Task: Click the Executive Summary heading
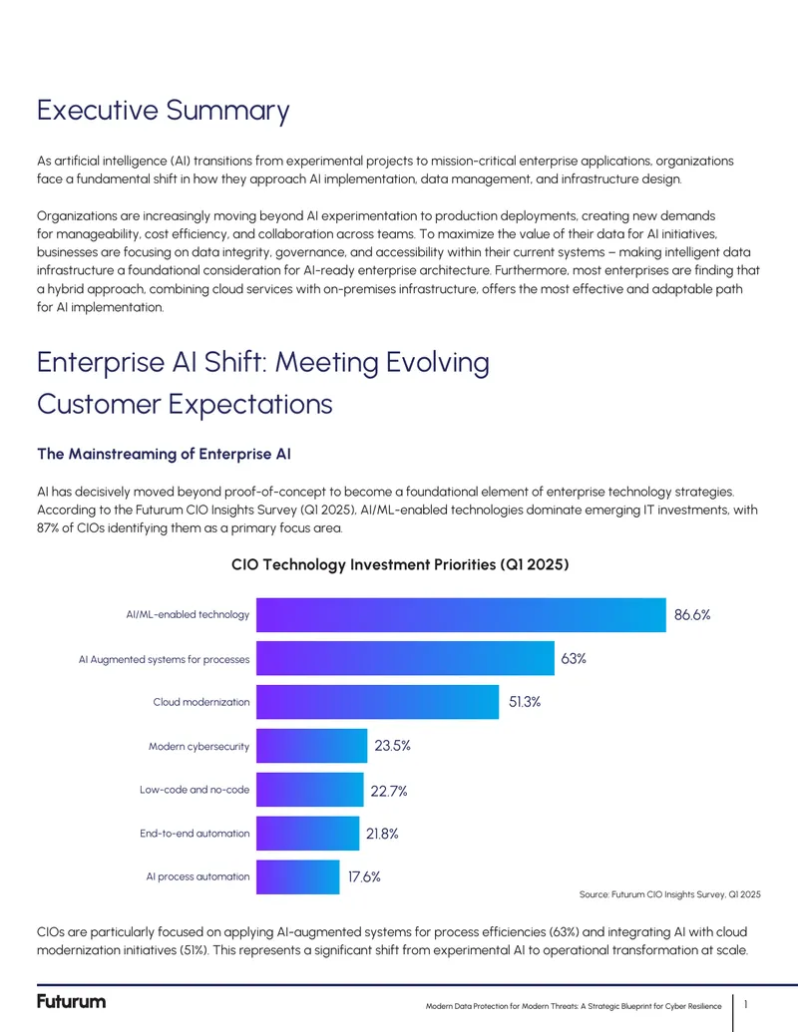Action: click(x=164, y=111)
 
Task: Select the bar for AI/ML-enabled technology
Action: click(x=461, y=615)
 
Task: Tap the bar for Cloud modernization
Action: click(x=377, y=702)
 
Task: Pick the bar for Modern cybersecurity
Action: click(x=311, y=746)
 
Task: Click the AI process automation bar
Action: click(x=297, y=876)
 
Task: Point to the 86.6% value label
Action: click(x=692, y=615)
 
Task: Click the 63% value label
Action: click(x=574, y=659)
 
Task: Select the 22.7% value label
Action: click(x=389, y=791)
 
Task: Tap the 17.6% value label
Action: click(x=364, y=876)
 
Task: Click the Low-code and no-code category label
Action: click(x=195, y=789)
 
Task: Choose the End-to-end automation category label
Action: click(x=195, y=834)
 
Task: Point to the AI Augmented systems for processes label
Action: click(x=164, y=659)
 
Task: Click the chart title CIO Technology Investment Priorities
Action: click(x=400, y=564)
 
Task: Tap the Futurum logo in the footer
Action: click(x=71, y=1002)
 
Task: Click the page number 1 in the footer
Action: click(x=746, y=1004)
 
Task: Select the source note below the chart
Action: click(x=669, y=894)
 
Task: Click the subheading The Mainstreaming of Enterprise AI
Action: click(x=164, y=454)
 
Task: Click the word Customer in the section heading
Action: click(x=99, y=404)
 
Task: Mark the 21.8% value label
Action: click(x=382, y=834)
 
